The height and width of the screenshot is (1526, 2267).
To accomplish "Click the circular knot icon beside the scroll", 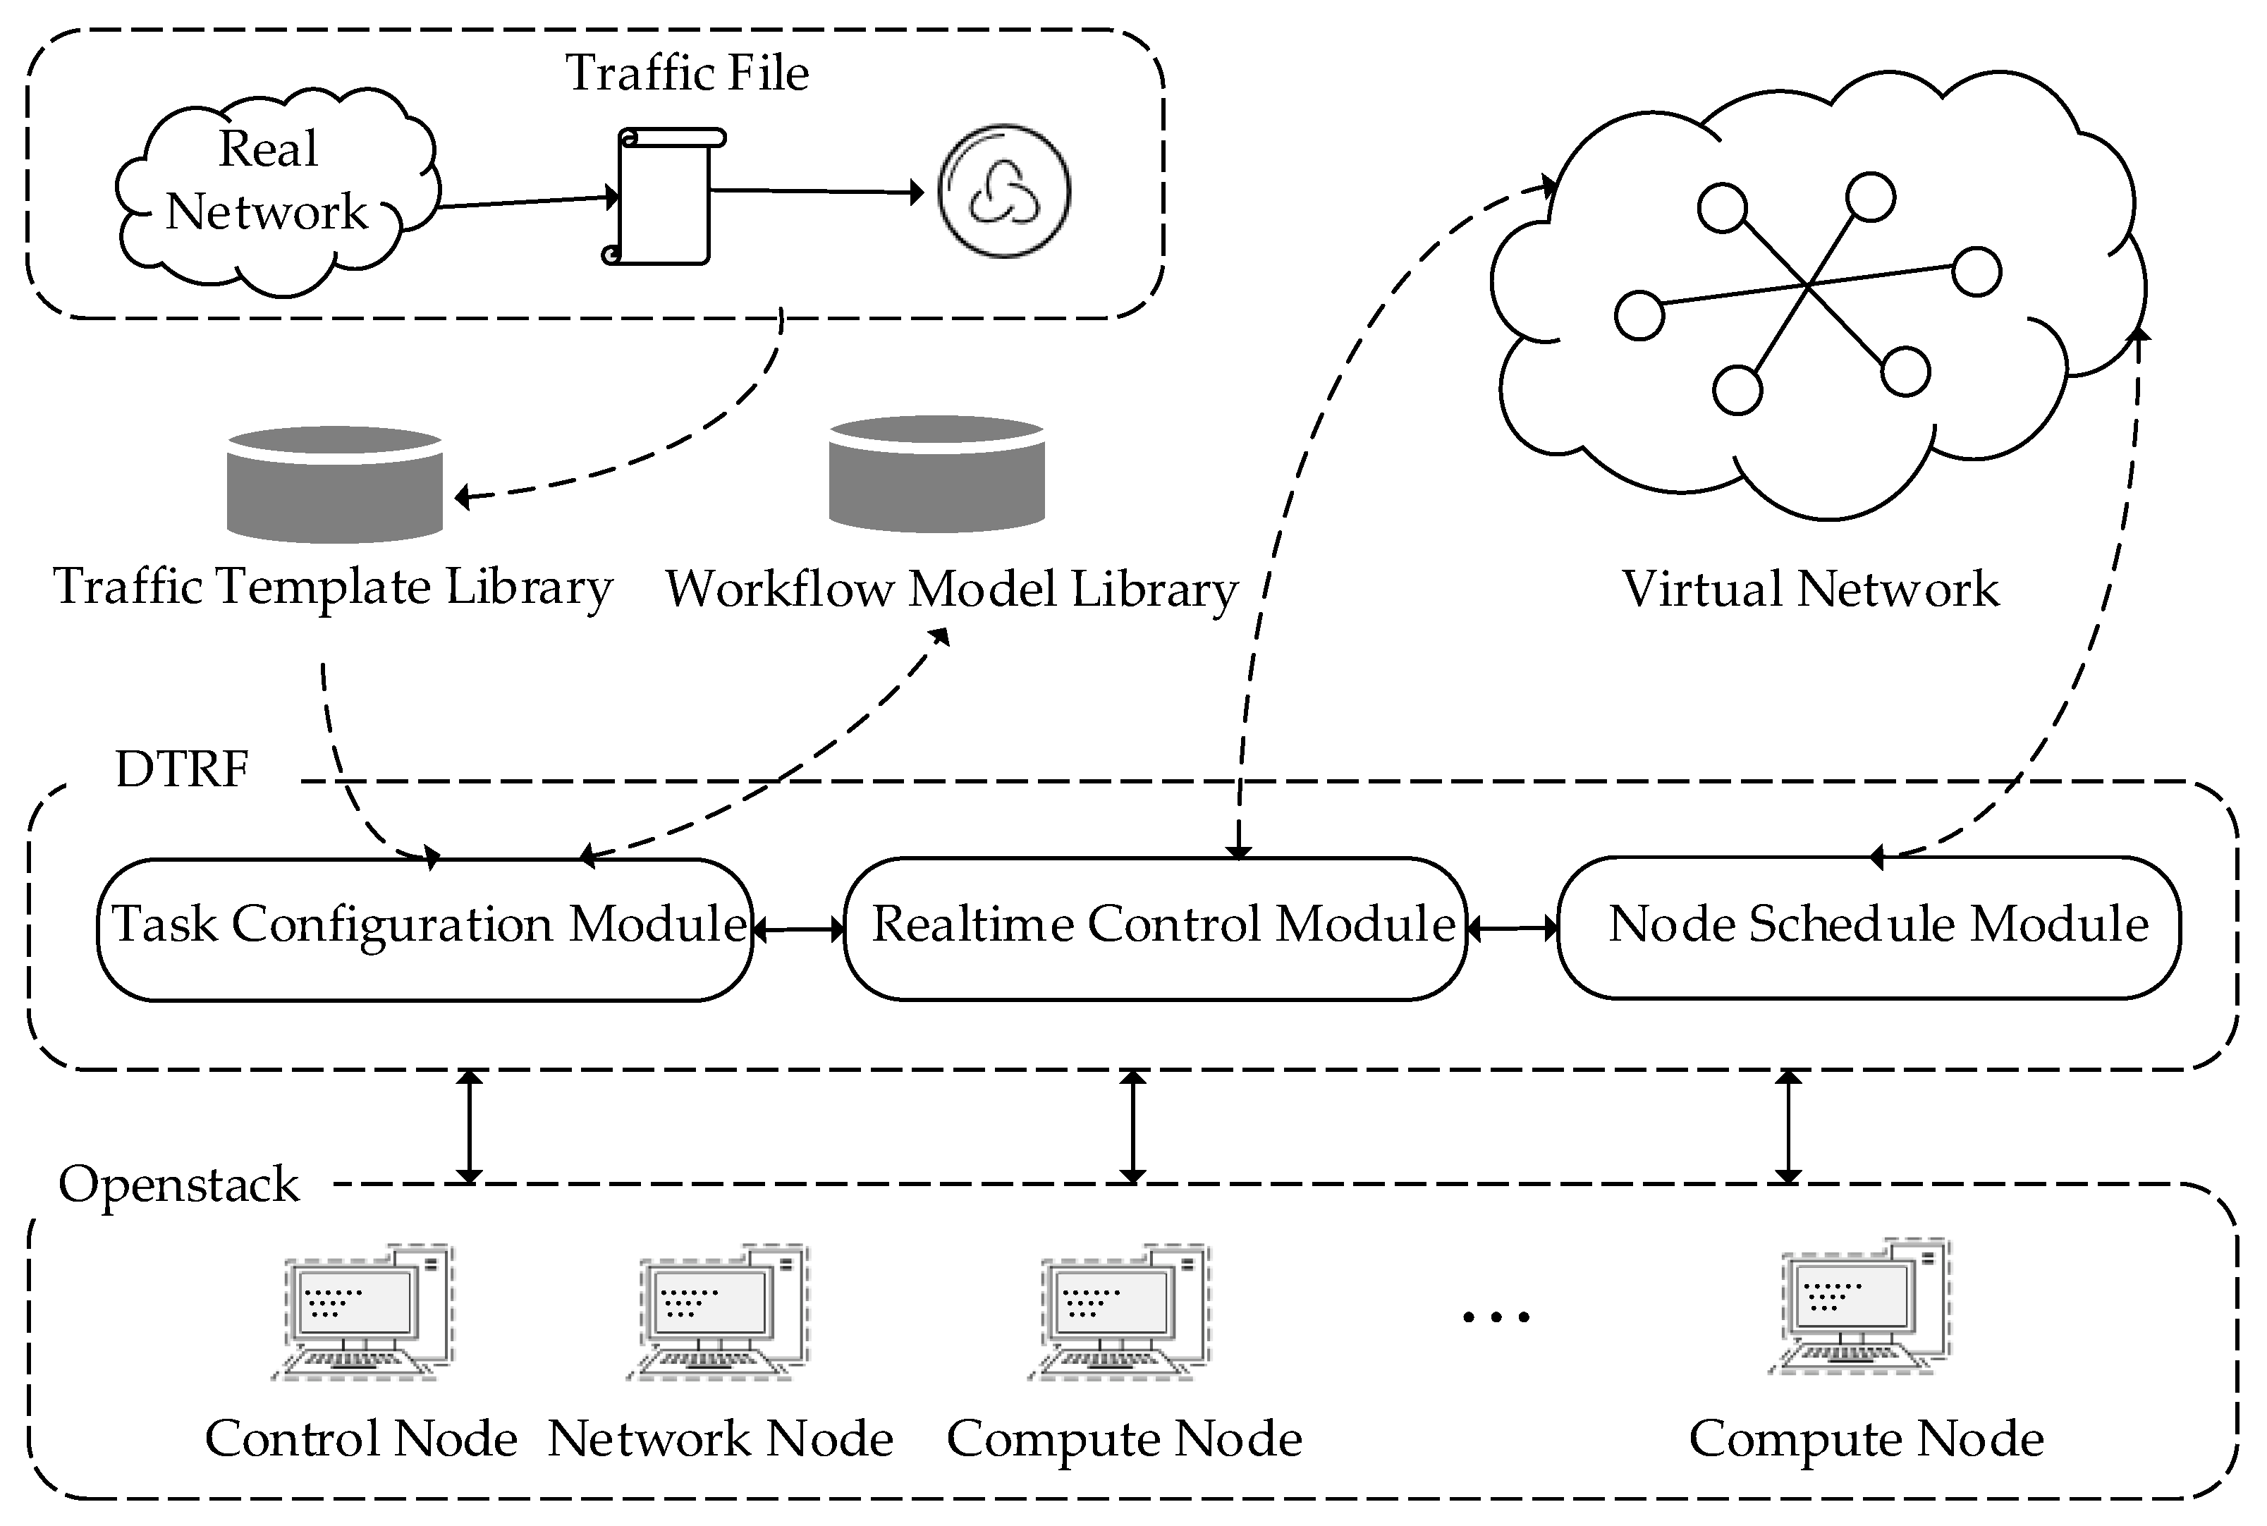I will tap(1004, 190).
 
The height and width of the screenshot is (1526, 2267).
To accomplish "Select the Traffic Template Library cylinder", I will tap(335, 484).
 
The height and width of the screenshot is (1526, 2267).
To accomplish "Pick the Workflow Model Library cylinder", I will tap(937, 475).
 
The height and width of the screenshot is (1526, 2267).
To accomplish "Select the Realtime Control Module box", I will tap(1156, 927).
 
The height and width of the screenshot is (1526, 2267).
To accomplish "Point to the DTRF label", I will tap(182, 769).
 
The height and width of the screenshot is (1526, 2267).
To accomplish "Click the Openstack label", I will tap(179, 1185).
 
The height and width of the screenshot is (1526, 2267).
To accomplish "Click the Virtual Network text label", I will tap(1809, 589).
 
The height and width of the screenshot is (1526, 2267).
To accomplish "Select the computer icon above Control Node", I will tap(364, 1311).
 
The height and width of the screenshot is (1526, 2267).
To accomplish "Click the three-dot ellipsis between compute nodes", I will tap(1496, 1317).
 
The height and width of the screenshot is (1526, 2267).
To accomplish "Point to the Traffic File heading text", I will tap(687, 73).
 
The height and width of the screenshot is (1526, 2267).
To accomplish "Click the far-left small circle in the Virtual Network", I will tap(1639, 315).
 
